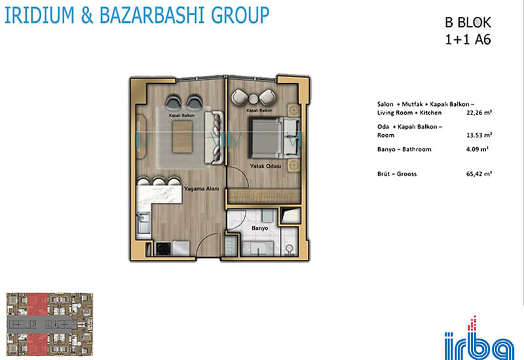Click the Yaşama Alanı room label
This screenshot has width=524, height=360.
click(202, 189)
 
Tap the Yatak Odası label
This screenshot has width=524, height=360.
click(266, 166)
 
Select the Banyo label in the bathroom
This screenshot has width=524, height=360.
click(259, 228)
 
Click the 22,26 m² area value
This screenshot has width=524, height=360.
click(479, 113)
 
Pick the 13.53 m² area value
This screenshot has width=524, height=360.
click(479, 135)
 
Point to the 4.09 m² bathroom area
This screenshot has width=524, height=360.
click(477, 149)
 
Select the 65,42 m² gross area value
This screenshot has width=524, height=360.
click(479, 174)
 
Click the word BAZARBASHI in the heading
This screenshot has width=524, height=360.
click(153, 14)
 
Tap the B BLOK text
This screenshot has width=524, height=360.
click(468, 23)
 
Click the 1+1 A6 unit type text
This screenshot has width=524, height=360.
click(468, 40)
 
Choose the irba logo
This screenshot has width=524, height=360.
click(479, 338)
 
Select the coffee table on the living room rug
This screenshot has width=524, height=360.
click(182, 137)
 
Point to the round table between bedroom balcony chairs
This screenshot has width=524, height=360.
click(253, 99)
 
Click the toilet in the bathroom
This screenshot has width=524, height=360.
click(290, 250)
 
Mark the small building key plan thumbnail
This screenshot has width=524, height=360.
click(50, 324)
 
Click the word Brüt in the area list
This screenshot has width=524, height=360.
click(383, 174)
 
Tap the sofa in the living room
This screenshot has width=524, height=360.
click(214, 138)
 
